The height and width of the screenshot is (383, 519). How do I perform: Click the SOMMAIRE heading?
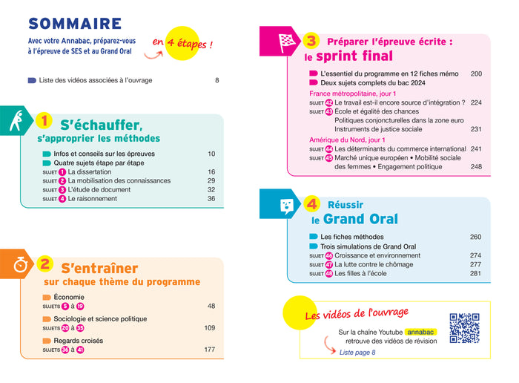(x=75, y=24)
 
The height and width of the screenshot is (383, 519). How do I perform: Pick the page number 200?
(x=476, y=74)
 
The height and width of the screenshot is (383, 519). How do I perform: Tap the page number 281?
(x=476, y=273)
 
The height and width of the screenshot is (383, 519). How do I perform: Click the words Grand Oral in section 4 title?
(x=360, y=219)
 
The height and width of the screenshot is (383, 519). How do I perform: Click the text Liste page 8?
(x=357, y=352)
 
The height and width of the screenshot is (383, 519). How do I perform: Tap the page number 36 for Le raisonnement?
(x=211, y=198)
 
